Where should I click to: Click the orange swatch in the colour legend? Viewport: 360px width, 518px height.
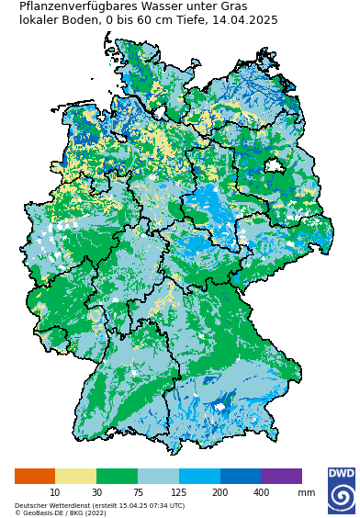click(35, 476)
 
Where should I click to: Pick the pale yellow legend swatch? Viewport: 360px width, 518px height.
click(75, 476)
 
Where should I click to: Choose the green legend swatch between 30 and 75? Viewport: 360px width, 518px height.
click(117, 476)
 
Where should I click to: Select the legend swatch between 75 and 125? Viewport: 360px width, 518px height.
click(158, 476)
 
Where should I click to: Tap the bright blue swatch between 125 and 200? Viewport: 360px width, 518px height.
click(199, 476)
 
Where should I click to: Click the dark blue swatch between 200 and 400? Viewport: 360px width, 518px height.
click(241, 476)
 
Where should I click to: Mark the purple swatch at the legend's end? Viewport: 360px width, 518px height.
click(281, 476)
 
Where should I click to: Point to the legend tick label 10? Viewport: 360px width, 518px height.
click(55, 493)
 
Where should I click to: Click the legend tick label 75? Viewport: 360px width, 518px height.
click(138, 493)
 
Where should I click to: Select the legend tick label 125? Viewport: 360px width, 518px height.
click(178, 493)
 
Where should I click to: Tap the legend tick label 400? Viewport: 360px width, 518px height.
click(261, 493)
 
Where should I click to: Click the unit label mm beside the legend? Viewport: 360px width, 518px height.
click(306, 493)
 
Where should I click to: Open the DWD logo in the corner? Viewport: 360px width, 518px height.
click(341, 490)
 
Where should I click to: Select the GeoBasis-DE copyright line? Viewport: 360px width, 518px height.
click(60, 512)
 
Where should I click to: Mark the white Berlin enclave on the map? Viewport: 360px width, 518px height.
click(273, 166)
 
